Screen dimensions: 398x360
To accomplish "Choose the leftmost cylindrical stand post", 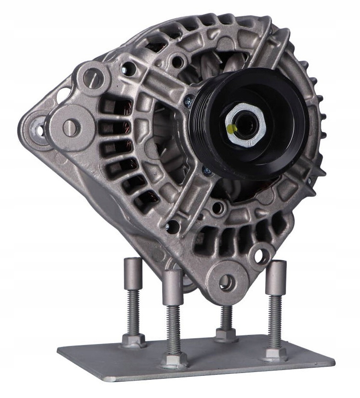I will (133, 272).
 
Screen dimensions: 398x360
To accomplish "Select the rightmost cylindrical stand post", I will (276, 277).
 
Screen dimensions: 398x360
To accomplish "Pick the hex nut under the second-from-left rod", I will (174, 358).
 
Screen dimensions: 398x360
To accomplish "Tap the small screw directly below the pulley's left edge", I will (206, 169).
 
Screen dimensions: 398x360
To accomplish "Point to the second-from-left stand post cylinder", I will (172, 287).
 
